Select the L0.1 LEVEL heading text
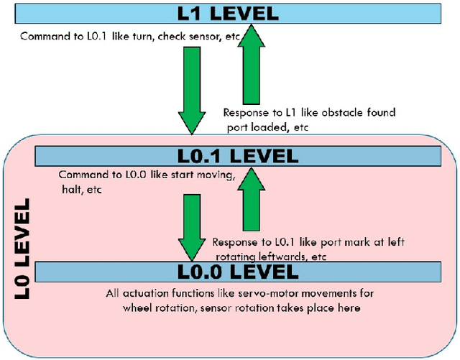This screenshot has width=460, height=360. click(238, 155)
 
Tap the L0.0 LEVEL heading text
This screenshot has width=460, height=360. click(238, 271)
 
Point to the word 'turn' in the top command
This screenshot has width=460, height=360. click(137, 35)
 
